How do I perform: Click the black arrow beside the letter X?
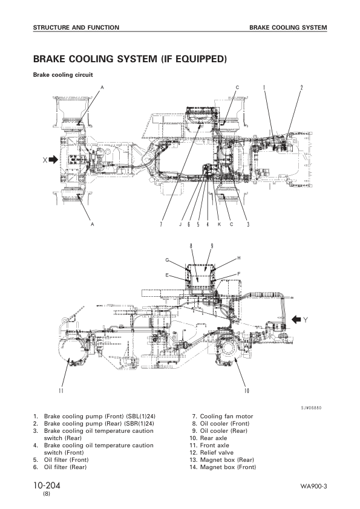[x=53, y=160]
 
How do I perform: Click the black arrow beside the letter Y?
[x=296, y=320]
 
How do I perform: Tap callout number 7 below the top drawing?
[x=160, y=224]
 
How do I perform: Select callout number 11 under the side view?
[x=61, y=391]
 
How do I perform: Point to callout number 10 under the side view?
[x=246, y=391]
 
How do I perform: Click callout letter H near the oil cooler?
[x=239, y=258]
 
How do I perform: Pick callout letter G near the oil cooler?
[x=167, y=260]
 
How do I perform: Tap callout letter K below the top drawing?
[x=219, y=224]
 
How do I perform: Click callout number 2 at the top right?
[x=301, y=87]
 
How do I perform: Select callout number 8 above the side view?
[x=191, y=246]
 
